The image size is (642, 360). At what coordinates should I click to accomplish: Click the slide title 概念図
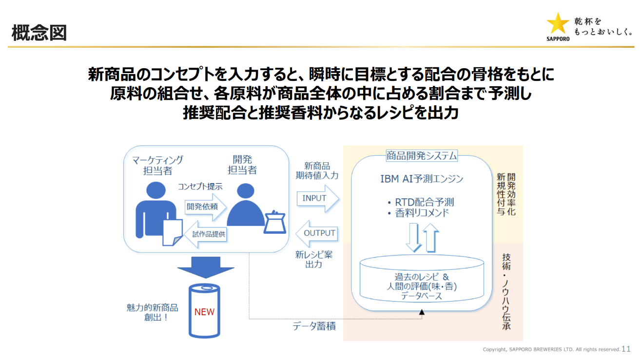(x=39, y=33)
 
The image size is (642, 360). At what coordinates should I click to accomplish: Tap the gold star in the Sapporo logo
(x=558, y=24)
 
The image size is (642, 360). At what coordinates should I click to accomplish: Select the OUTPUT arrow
(x=317, y=233)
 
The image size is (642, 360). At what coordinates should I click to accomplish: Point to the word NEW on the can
(x=204, y=312)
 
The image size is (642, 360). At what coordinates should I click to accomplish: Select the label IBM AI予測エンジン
(x=422, y=179)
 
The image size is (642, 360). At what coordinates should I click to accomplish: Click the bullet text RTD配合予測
(x=425, y=202)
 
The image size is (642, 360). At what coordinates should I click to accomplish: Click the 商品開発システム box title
(x=422, y=156)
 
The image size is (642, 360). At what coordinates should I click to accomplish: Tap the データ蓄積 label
(x=314, y=326)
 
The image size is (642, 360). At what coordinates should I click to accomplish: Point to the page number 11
(x=626, y=349)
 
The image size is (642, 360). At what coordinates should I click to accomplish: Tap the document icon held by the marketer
(x=172, y=231)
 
